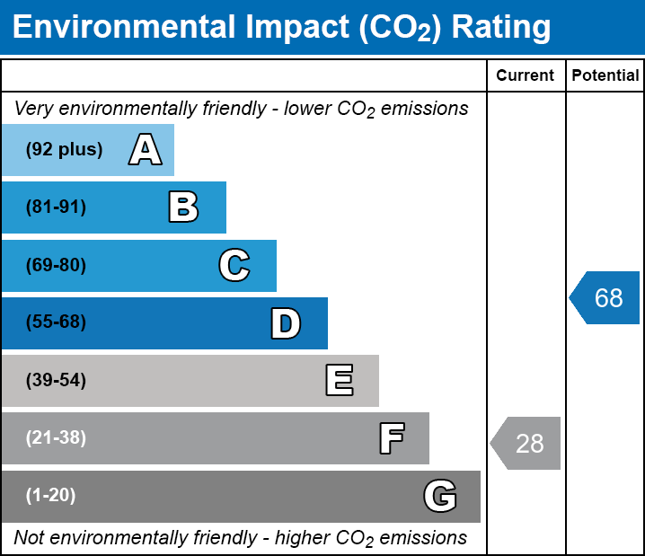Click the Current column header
(x=526, y=76)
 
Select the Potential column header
(x=605, y=76)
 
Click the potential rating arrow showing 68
(x=606, y=297)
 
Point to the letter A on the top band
(x=146, y=150)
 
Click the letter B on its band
(x=183, y=207)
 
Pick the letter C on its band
(x=234, y=265)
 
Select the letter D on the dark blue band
(x=286, y=323)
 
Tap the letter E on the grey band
(x=339, y=381)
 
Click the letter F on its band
(x=391, y=438)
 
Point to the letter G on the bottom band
(x=440, y=496)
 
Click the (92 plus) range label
(x=64, y=150)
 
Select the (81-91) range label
(x=56, y=207)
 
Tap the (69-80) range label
(x=56, y=265)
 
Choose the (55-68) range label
(x=56, y=322)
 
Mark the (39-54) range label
(x=56, y=381)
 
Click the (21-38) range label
(x=56, y=438)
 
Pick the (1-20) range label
(x=51, y=496)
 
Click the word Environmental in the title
(x=123, y=28)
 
